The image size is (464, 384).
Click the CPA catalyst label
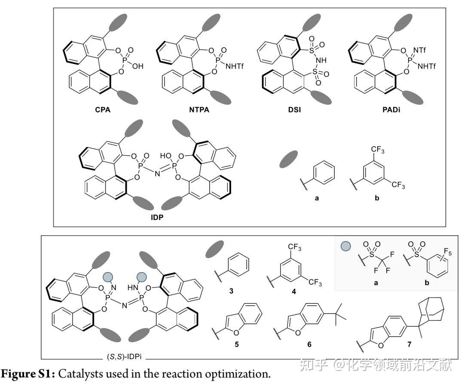point(103,109)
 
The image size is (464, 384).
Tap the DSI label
point(295,110)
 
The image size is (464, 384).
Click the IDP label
point(157,218)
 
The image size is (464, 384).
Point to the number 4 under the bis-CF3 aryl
point(293,292)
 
